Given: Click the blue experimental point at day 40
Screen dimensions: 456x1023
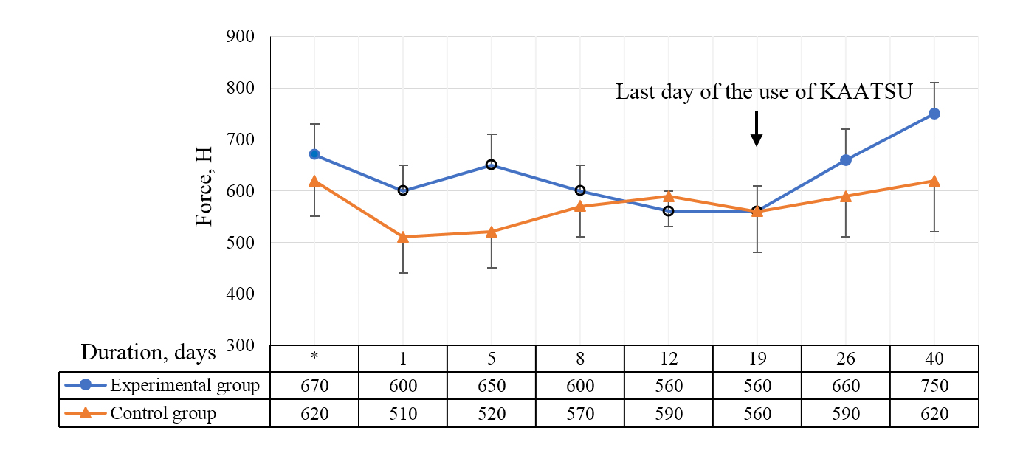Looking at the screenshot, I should click(934, 114).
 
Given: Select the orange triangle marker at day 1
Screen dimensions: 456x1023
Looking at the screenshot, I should click(403, 237).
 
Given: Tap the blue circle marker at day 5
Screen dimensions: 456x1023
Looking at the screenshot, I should click(491, 165).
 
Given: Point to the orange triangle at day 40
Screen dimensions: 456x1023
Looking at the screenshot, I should click(934, 181).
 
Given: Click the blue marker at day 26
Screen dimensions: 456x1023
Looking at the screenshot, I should click(846, 160).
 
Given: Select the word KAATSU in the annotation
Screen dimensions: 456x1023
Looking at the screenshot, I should click(867, 92).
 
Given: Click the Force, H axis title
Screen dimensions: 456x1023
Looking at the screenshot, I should click(204, 187).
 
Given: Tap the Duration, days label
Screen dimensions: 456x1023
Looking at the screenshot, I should click(148, 353).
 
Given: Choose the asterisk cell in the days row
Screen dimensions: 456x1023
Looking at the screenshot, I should click(314, 359).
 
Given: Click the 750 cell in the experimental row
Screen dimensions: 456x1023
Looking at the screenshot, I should click(934, 386).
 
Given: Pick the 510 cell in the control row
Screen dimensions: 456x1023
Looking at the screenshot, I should click(403, 414).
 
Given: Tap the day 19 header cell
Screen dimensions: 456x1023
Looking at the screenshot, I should click(757, 359).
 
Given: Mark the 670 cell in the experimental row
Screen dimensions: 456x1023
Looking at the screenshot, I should click(314, 386).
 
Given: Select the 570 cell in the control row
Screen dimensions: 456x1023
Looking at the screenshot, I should click(579, 414).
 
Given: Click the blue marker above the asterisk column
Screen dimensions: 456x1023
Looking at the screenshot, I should click(314, 155).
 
